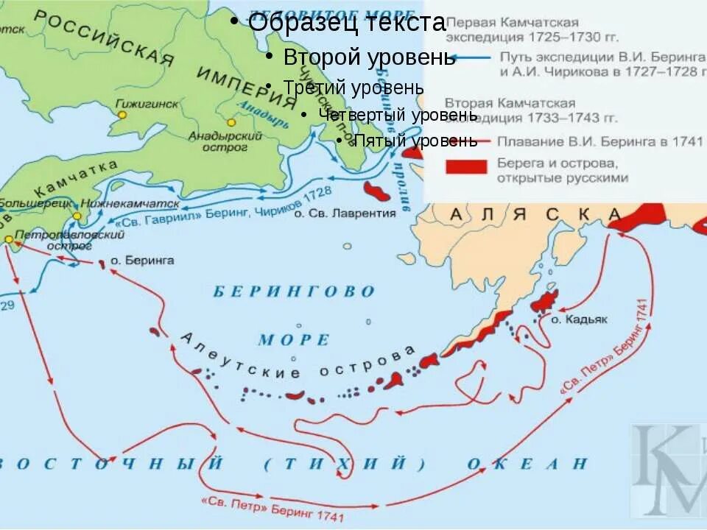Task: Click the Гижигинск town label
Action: click(147, 104)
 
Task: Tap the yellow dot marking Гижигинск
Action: click(122, 115)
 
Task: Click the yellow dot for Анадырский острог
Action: click(231, 123)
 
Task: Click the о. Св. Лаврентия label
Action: click(345, 213)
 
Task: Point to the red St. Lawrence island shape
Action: click(376, 191)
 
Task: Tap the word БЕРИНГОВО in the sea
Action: click(295, 291)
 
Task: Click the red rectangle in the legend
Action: click(465, 167)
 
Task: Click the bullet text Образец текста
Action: click(346, 23)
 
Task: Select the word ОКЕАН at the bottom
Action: click(527, 464)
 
